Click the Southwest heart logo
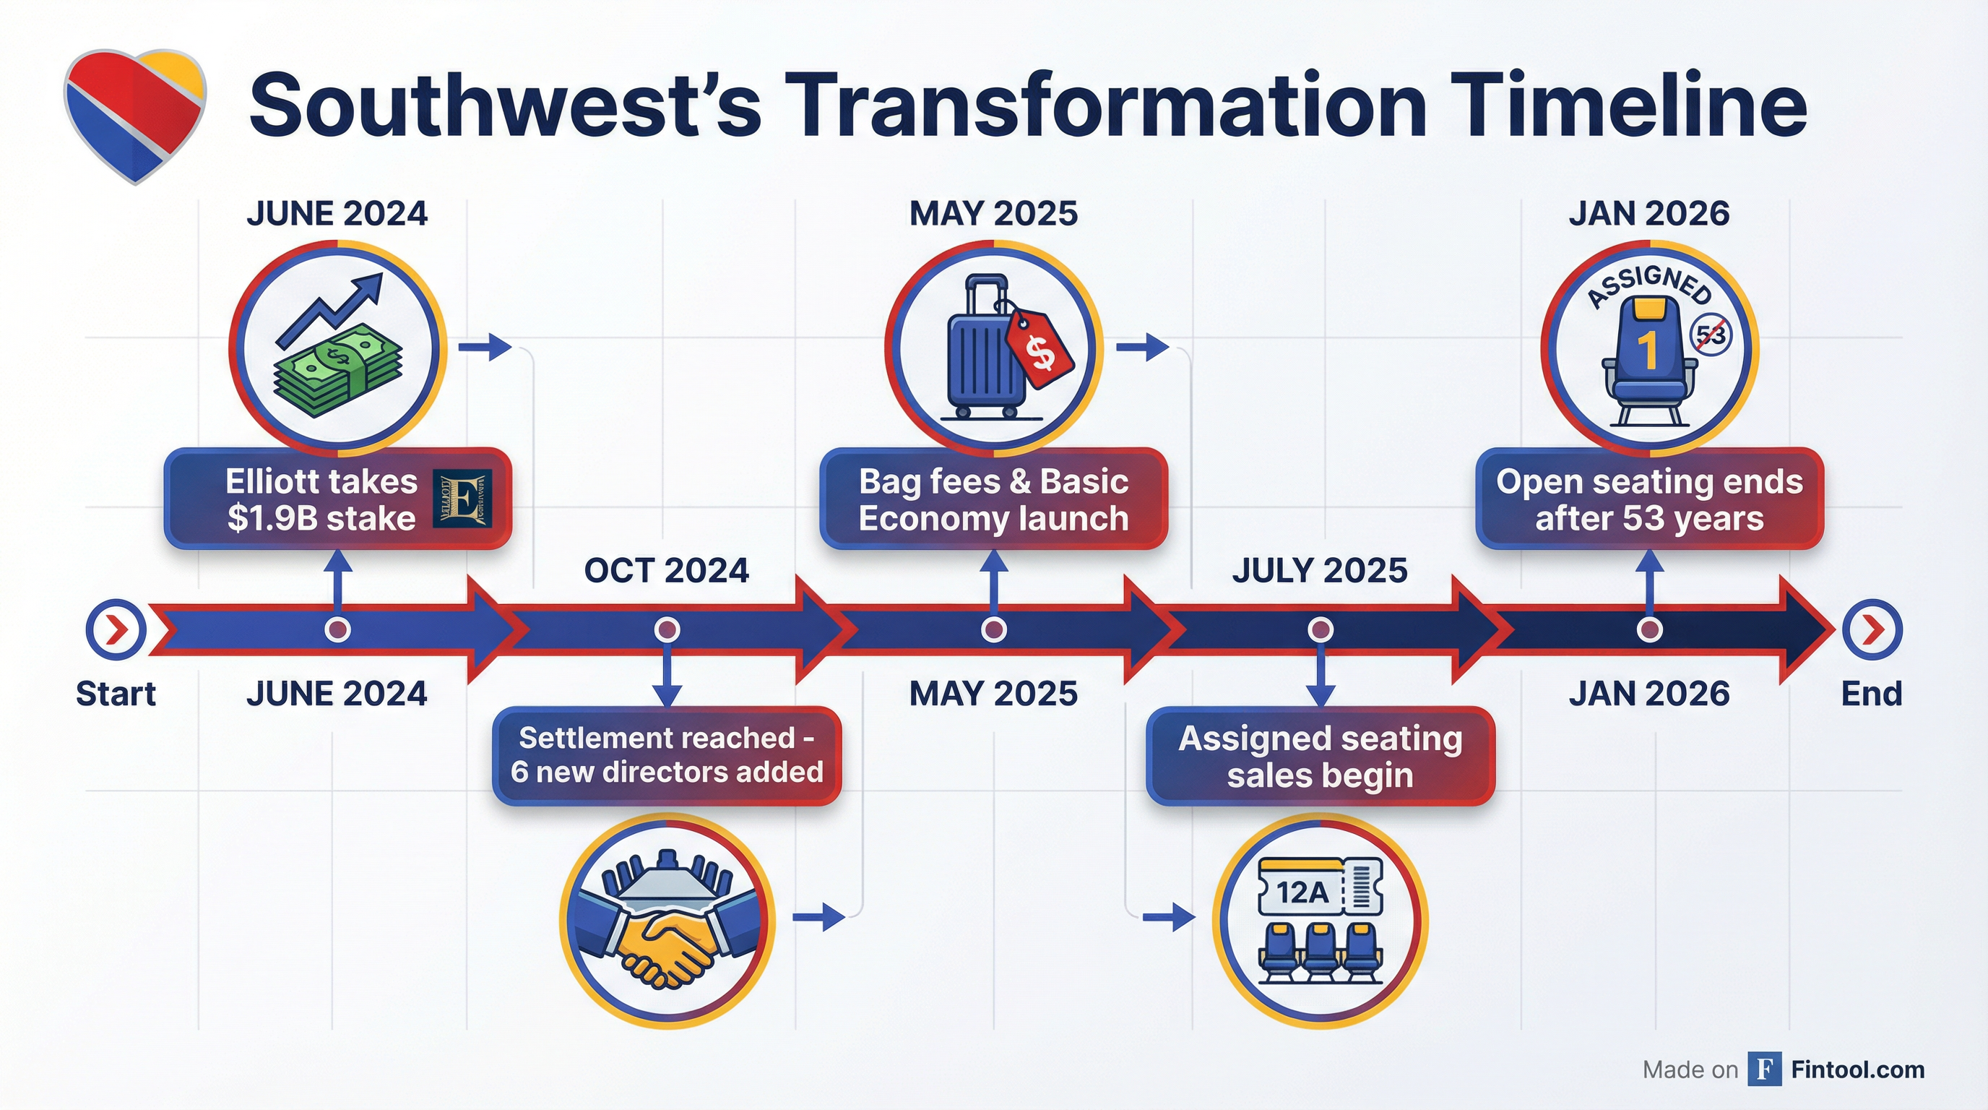(x=135, y=116)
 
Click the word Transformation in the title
(x=1107, y=104)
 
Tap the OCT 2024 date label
(x=667, y=570)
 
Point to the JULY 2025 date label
(x=1320, y=570)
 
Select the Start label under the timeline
(x=116, y=693)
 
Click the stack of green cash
(x=337, y=376)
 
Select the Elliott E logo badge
(x=462, y=499)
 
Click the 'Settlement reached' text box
(x=667, y=756)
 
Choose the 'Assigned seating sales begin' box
(x=1321, y=756)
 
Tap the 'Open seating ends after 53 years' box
(x=1650, y=499)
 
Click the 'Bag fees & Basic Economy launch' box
(x=994, y=499)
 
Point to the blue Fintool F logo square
(x=1764, y=1069)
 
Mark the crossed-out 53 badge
(x=1711, y=335)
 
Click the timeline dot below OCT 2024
(x=667, y=629)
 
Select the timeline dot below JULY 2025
(x=1321, y=629)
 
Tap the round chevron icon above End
(x=1872, y=630)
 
